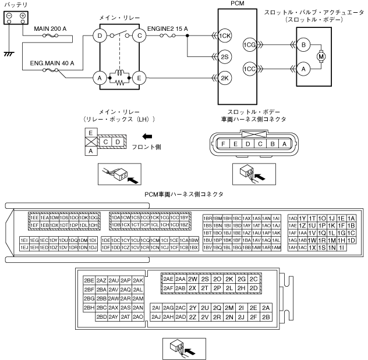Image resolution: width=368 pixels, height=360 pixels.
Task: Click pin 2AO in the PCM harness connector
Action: pyautogui.click(x=138, y=317)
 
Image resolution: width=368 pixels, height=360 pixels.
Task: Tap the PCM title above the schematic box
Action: pyautogui.click(x=240, y=5)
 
